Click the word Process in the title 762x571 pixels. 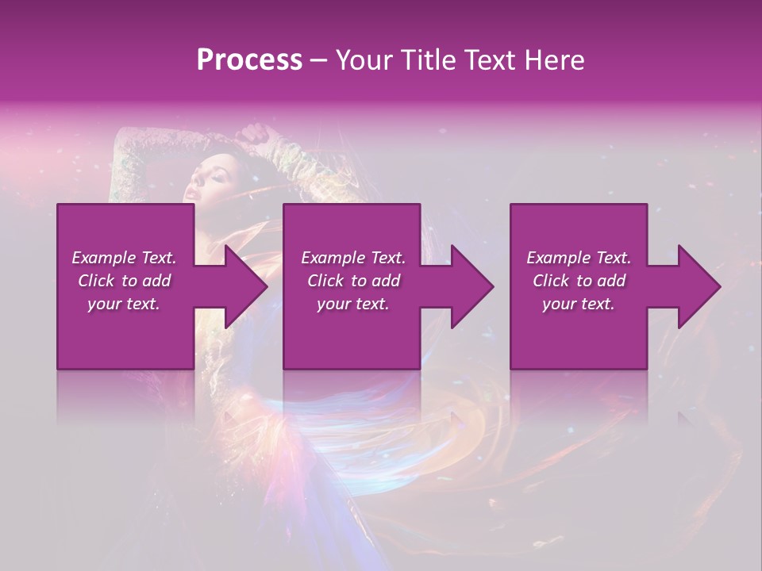(x=249, y=59)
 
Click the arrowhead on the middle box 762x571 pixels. (x=471, y=286)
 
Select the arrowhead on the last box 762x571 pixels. (x=697, y=286)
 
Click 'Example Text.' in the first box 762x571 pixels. (x=124, y=258)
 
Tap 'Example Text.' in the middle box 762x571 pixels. (x=353, y=258)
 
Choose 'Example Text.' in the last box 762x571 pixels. (x=579, y=258)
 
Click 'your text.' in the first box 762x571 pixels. (x=124, y=304)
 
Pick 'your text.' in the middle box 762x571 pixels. (x=353, y=304)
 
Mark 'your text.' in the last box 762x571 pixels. (x=579, y=304)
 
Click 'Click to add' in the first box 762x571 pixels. (x=124, y=281)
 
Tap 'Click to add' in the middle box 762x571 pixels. (x=353, y=281)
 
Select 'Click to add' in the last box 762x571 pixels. (x=579, y=281)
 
